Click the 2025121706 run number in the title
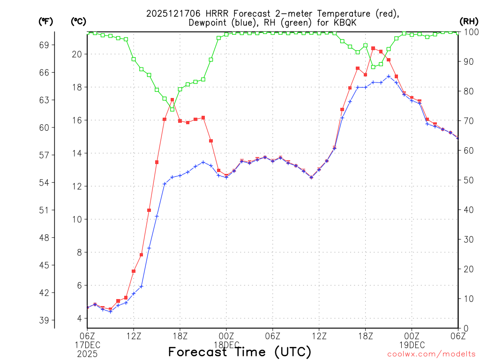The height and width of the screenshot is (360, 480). pos(172,13)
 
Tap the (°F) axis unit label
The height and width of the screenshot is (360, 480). pos(45,22)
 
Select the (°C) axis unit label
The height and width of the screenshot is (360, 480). pos(78,22)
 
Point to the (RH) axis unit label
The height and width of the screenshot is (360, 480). pos(468,22)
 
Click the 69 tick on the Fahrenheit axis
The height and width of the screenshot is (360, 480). pos(44,45)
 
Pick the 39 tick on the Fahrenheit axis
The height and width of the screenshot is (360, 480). pos(44,320)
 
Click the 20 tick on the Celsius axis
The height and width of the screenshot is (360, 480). pos(77,54)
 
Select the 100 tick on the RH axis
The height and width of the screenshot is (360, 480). pos(471,32)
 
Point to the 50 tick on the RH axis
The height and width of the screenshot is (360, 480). pos(469,180)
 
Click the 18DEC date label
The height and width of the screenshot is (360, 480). pos(226,345)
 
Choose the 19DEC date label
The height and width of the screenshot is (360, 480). pos(412,345)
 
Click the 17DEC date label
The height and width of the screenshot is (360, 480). pos(87,345)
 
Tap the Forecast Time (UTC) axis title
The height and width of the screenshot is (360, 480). pos(240,352)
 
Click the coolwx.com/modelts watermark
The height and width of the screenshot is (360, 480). pos(431,354)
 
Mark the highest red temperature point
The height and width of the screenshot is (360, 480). pos(373,48)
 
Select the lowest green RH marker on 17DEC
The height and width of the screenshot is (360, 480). pos(172,109)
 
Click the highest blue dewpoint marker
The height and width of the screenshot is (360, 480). pos(389,76)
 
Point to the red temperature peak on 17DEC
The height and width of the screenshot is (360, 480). pos(172,100)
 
